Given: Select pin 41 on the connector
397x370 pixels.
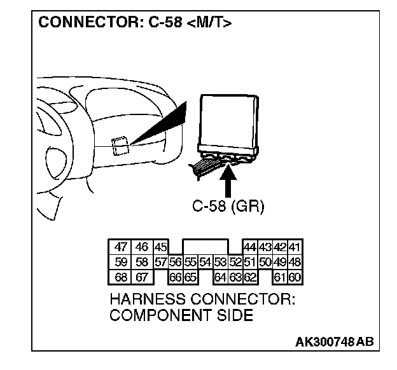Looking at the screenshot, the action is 295,247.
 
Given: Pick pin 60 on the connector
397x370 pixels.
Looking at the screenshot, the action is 295,277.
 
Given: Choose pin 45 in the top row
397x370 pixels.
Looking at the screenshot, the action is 160,247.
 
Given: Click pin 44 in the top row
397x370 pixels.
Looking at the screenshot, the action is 250,247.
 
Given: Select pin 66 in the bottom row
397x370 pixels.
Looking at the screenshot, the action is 176,277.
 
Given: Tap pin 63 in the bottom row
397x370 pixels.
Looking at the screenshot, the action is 235,277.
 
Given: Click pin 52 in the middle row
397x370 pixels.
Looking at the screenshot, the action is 235,262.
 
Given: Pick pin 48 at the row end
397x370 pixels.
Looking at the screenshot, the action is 295,262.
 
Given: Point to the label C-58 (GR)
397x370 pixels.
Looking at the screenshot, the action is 228,207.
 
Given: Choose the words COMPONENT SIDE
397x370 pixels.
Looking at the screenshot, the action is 181,316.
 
